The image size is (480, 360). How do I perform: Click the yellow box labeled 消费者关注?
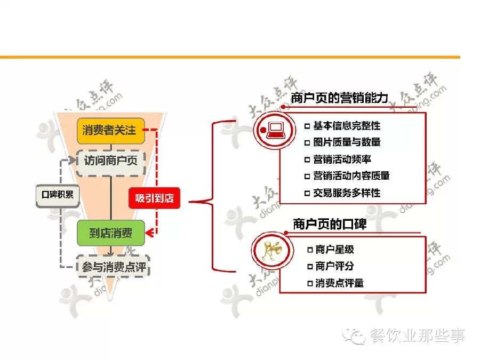pos(110,131)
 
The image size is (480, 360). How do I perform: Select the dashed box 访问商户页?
pos(110,159)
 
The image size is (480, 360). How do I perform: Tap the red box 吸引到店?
pos(154,198)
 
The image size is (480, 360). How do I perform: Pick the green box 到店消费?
pos(110,233)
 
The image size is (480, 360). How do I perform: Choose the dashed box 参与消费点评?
pos(113,267)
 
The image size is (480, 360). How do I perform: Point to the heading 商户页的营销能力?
pos(340,98)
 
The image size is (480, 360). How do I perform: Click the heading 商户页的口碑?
pos(330,223)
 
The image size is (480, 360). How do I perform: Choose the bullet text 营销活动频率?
pos(342,159)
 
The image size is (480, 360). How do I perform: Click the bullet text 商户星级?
pos(334,249)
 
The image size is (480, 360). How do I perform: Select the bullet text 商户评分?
pos(334,266)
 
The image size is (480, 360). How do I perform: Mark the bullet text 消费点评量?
pos(339,283)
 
